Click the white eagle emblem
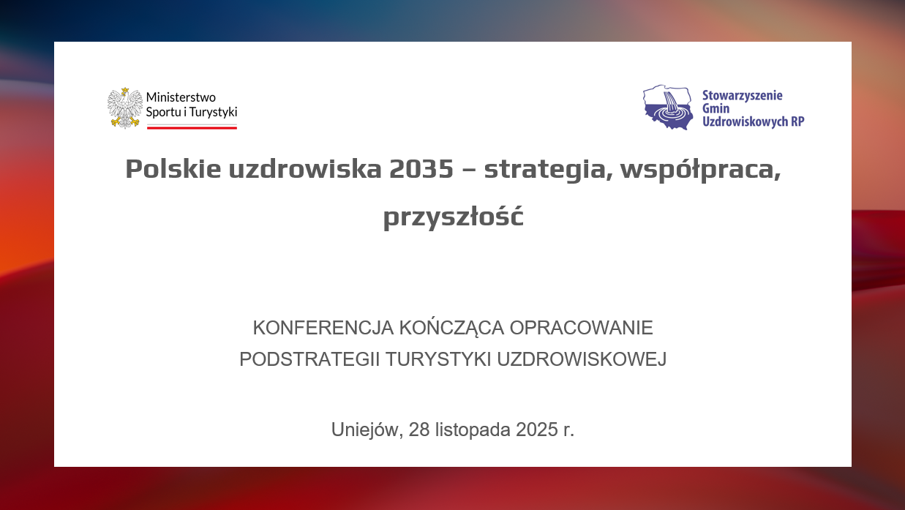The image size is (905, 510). coord(125,108)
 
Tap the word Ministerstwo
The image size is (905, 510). coord(181,97)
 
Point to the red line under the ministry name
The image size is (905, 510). coord(192,128)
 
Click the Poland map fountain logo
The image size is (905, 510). coord(668,107)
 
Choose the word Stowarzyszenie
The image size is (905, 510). coord(742,95)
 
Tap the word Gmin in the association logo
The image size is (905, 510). coord(716,108)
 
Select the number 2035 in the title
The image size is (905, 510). coord(421,168)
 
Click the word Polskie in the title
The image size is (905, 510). coord(173,168)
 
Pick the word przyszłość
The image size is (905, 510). coord(453,217)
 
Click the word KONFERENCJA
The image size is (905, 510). coord(323,328)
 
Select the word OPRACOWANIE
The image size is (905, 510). coord(581,328)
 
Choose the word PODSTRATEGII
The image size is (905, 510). coord(309,359)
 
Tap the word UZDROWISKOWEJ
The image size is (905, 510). coord(582,359)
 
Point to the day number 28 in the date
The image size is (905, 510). coord(419,430)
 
